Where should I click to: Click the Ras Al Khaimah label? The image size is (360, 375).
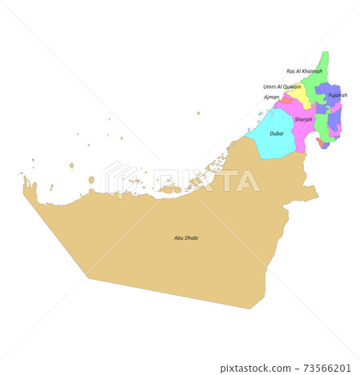coord(304,71)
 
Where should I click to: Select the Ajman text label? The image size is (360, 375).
coord(272,97)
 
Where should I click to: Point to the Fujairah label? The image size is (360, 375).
coord(338,95)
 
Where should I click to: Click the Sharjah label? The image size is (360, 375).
coord(303,119)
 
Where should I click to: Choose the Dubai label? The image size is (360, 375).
coord(276,134)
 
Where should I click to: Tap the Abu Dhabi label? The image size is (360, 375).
coord(186,237)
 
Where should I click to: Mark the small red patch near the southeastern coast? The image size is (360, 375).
coord(321,142)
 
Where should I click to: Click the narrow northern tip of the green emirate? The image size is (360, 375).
coord(324,56)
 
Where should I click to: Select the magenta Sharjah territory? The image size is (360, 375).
coord(301,132)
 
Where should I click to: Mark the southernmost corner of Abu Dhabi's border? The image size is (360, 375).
coord(251,309)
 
